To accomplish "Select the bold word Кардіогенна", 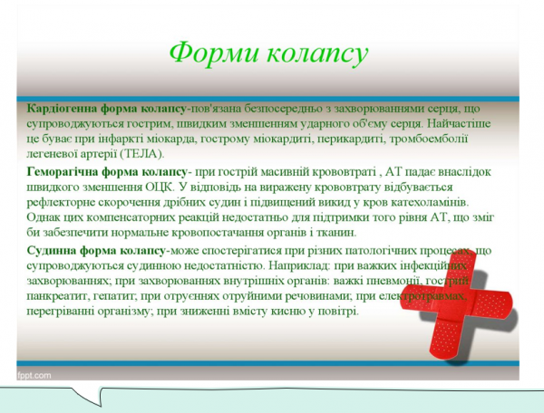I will point(63,108).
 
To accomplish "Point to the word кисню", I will point(296,311).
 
